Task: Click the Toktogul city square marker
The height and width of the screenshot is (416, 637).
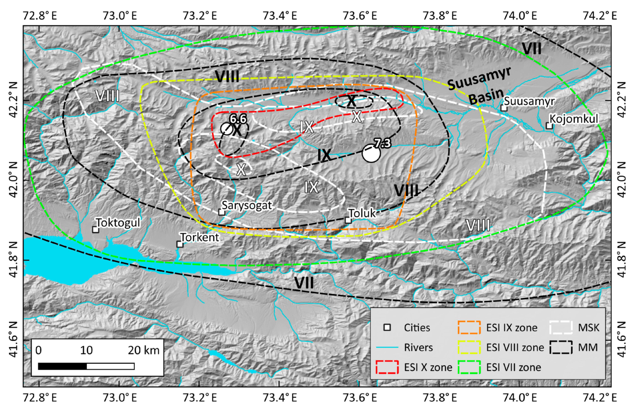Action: [x=96, y=229]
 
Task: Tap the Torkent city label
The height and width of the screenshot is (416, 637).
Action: [x=200, y=238]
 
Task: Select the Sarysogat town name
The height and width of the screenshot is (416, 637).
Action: [x=247, y=205]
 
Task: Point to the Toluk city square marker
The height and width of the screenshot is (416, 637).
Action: [x=348, y=220]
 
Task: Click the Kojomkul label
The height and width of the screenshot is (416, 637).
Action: [x=573, y=119]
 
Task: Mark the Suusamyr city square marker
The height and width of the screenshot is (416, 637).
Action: [x=504, y=108]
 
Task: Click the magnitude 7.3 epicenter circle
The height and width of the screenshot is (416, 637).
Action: [x=371, y=153]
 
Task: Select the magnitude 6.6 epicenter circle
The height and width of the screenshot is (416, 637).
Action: [x=227, y=128]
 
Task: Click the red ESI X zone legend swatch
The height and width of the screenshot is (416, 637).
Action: [x=387, y=367]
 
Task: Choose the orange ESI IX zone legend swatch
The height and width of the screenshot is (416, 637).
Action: [x=469, y=327]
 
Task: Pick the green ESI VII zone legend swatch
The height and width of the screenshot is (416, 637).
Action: [x=469, y=367]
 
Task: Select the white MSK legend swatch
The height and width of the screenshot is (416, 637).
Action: [x=561, y=327]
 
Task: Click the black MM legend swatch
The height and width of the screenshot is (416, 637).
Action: [x=561, y=347]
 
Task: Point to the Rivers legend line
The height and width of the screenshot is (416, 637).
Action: [x=387, y=347]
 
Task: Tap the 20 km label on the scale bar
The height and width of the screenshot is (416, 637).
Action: [x=143, y=350]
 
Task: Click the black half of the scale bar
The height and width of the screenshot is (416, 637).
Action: [x=62, y=366]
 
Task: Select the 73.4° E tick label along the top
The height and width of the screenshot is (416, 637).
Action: [x=279, y=16]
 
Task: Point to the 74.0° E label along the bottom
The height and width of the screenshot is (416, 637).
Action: [x=520, y=398]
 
